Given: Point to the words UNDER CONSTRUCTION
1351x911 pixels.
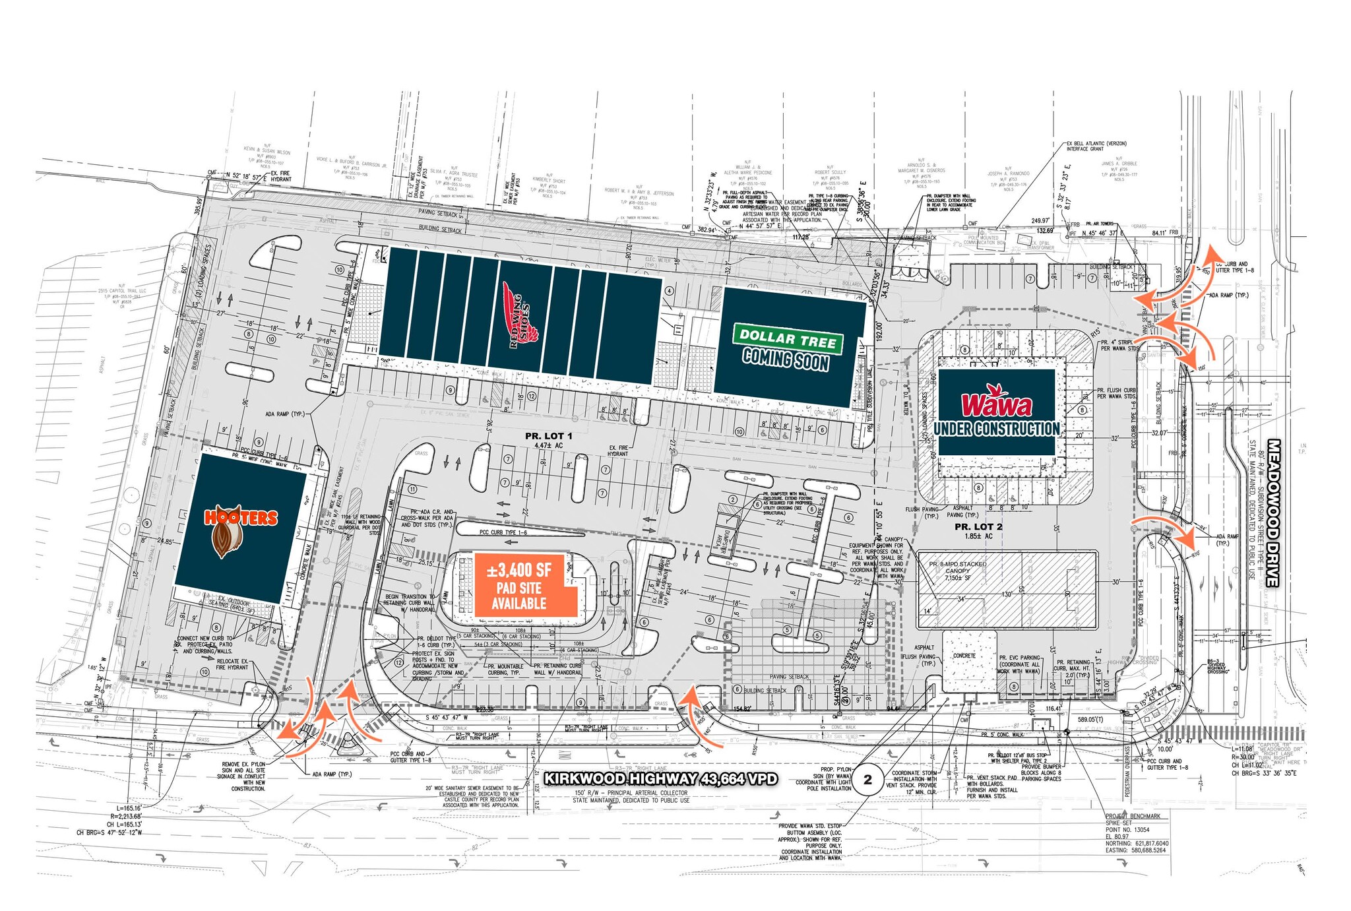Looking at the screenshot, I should (x=996, y=429).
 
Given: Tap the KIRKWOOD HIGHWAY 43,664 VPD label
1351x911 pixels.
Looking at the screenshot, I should (x=660, y=779).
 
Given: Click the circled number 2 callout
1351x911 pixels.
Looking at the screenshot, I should (x=867, y=779).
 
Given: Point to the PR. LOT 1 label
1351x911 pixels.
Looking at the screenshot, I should (x=548, y=436).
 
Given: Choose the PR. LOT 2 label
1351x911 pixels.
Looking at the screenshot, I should (x=978, y=527).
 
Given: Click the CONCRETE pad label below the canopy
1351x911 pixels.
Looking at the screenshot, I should (x=964, y=656).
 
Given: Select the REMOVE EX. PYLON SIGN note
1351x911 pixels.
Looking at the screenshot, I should (x=243, y=776).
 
